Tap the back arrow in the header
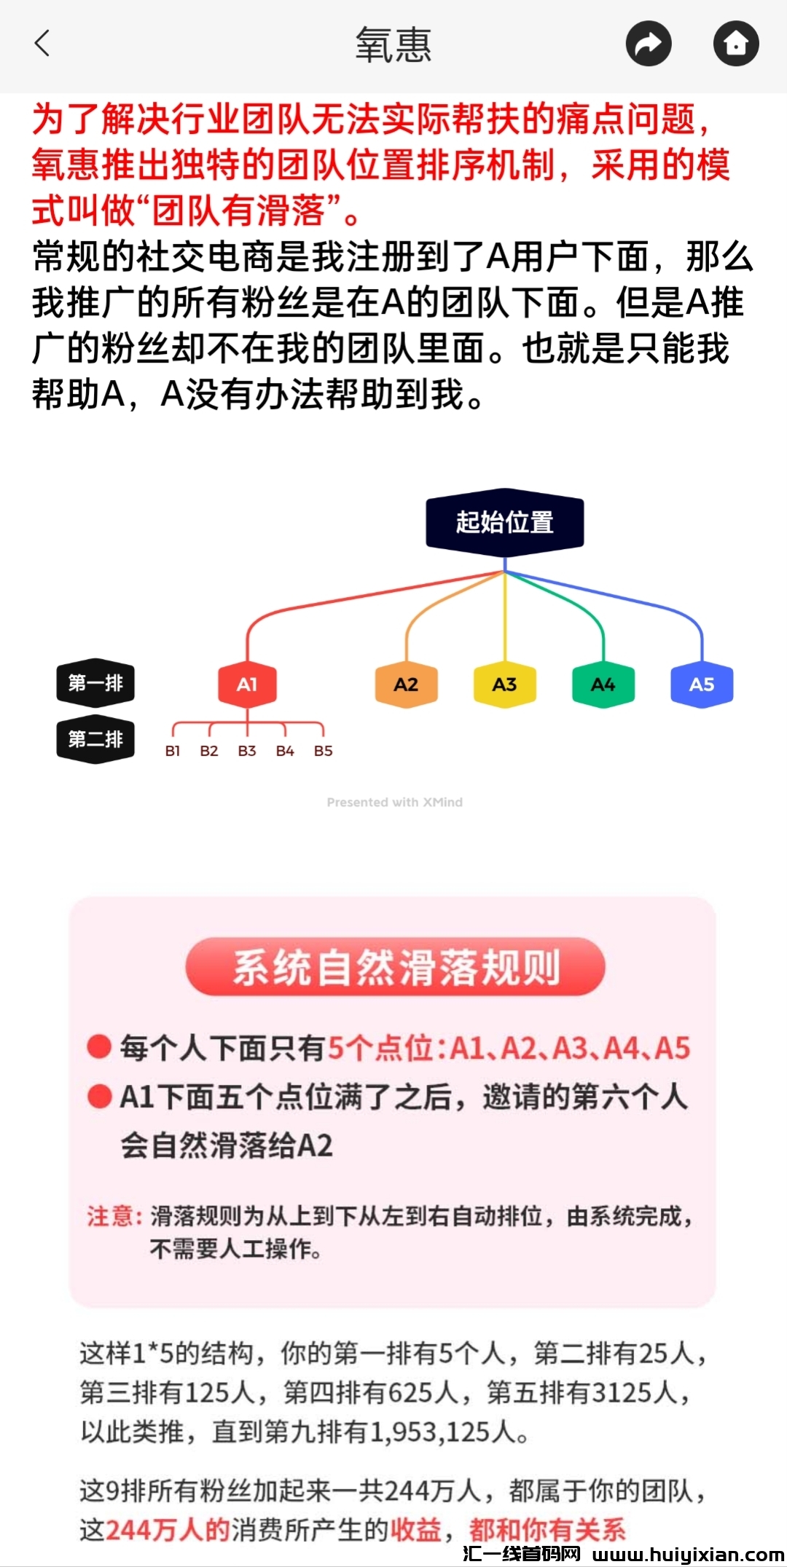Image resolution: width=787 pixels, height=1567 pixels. [x=42, y=43]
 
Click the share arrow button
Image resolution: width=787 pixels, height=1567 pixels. [x=649, y=44]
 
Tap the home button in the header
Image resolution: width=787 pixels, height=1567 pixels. [x=736, y=44]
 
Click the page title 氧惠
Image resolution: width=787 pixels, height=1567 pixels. [x=393, y=44]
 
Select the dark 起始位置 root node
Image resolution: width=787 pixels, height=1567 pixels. [x=505, y=522]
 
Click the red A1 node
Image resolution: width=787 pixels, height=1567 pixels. [x=247, y=684]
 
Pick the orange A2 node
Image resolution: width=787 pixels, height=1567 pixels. [x=406, y=684]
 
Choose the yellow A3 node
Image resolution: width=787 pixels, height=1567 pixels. [x=504, y=684]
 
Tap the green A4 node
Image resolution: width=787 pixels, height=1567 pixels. [x=603, y=684]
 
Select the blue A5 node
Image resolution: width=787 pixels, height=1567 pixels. [x=701, y=684]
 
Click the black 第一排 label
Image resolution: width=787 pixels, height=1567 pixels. [x=95, y=683]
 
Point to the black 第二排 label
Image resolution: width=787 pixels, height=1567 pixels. [x=95, y=740]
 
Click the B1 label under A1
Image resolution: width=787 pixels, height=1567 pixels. [x=173, y=751]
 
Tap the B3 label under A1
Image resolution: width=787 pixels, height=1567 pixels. [x=247, y=751]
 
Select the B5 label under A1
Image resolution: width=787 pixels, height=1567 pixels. [x=323, y=751]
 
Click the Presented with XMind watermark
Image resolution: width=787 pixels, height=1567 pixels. [x=394, y=802]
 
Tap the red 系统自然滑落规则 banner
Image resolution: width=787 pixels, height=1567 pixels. [x=395, y=967]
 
